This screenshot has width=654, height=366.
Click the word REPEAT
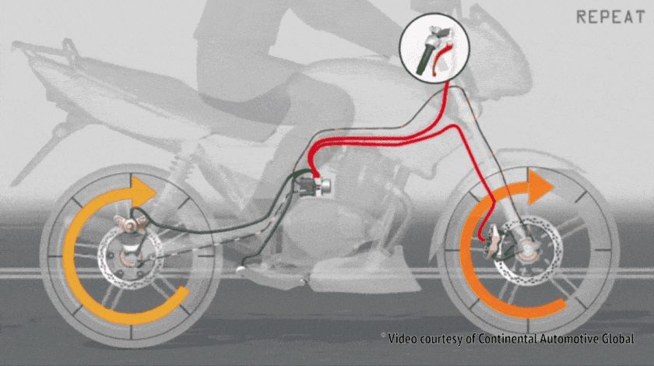(x=610, y=17)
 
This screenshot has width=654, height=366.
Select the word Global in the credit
(x=617, y=339)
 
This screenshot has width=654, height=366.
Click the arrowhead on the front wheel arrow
(x=540, y=187)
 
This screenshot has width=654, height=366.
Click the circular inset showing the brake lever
(x=435, y=48)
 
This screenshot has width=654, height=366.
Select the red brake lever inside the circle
(x=440, y=58)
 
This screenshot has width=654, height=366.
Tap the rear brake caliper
(x=132, y=223)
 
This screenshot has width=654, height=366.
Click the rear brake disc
(x=130, y=257)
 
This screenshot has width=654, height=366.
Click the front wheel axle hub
(x=527, y=249)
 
